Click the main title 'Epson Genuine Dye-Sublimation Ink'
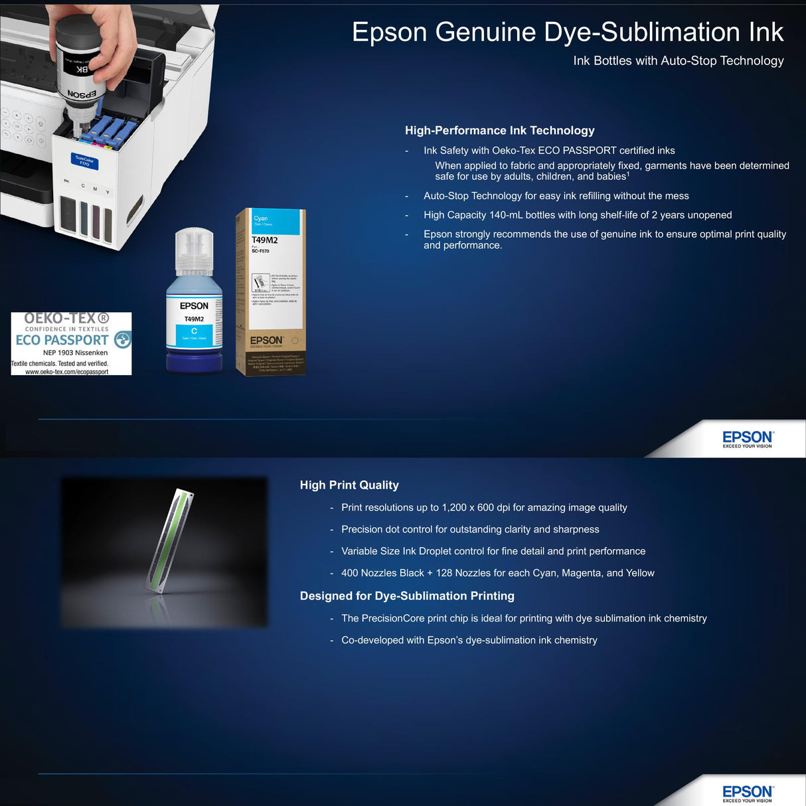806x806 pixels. (x=568, y=32)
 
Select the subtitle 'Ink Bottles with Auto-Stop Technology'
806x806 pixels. (x=678, y=60)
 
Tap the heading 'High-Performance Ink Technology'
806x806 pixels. (x=499, y=130)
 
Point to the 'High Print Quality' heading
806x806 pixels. (x=349, y=485)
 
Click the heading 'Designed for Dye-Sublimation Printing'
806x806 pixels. (x=407, y=596)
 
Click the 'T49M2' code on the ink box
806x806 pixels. (x=264, y=240)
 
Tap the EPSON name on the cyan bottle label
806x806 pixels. (x=194, y=306)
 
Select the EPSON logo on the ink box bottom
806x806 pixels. (x=266, y=341)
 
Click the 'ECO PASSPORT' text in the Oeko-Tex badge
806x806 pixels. (x=62, y=340)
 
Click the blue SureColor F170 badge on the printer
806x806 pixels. (x=84, y=161)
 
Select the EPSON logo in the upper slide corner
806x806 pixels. (x=747, y=438)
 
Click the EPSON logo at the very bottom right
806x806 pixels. (x=747, y=792)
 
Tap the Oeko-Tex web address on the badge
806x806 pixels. (x=66, y=372)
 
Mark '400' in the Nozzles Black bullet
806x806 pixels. (x=349, y=573)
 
